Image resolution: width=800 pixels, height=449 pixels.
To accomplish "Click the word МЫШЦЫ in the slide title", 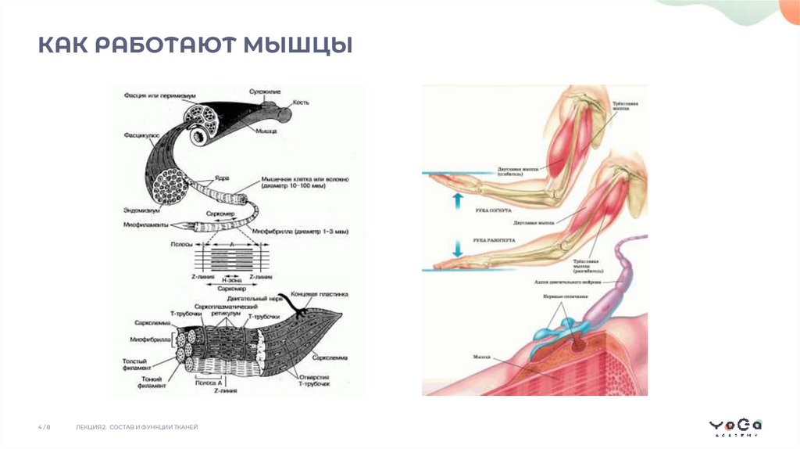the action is coord(298,45).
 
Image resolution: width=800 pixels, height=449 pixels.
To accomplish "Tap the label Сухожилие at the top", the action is coord(264,92).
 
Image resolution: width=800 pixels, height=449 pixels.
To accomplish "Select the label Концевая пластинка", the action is coord(319,295).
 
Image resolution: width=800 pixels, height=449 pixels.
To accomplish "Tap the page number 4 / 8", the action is coord(45,427).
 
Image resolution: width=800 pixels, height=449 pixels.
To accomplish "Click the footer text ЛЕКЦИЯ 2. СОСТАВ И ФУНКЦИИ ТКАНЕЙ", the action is coord(137,427).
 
